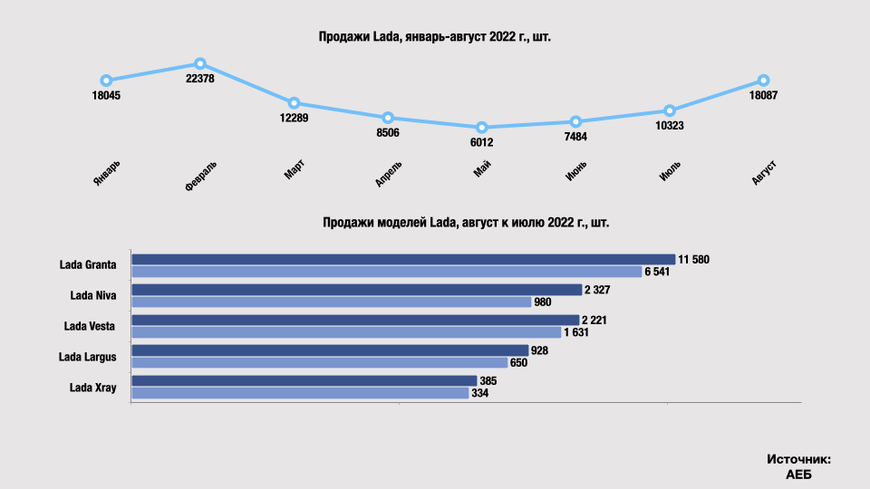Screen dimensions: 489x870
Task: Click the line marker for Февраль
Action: coord(200,64)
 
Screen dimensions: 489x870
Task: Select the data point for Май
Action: coord(482,128)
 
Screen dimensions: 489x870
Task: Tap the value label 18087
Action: coord(764,96)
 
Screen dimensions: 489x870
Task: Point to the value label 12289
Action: coord(295,118)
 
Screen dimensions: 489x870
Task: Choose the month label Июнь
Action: coord(576,170)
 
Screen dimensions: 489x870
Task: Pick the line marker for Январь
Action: coord(106,81)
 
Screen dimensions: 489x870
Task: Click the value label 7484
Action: coord(575,137)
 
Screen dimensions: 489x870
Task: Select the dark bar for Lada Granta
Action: coord(403,259)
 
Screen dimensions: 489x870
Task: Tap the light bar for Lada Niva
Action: coord(331,302)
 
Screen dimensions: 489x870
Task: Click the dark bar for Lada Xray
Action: coord(304,380)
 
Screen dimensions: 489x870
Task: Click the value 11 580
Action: coord(694,260)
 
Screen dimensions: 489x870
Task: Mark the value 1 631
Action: coord(579,332)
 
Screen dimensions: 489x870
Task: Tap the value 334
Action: coord(480,394)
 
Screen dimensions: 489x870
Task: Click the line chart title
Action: coord(434,37)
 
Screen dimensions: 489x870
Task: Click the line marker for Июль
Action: coord(670,110)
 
